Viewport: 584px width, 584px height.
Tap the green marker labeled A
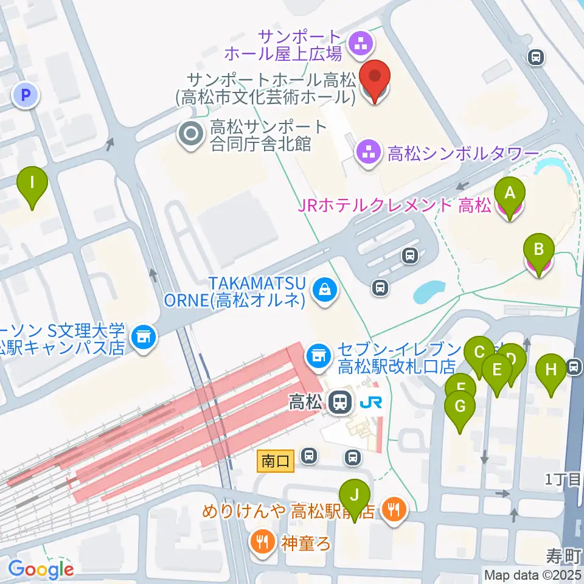pyautogui.click(x=510, y=193)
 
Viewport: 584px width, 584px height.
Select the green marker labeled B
pyautogui.click(x=538, y=251)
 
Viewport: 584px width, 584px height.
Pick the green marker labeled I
pyautogui.click(x=32, y=183)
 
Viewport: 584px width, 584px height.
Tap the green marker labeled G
pyautogui.click(x=460, y=408)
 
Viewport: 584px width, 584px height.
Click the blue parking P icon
pyautogui.click(x=26, y=94)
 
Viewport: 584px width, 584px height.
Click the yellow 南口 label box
pyautogui.click(x=276, y=461)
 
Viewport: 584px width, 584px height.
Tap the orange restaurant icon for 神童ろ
pyautogui.click(x=262, y=540)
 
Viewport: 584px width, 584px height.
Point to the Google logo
pyautogui.click(x=41, y=569)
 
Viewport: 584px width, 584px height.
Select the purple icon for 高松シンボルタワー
pyautogui.click(x=368, y=152)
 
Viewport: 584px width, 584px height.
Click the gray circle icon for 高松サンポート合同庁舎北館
pyautogui.click(x=192, y=136)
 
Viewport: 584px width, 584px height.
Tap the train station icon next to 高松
pyautogui.click(x=338, y=402)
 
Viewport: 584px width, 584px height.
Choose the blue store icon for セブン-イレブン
pyautogui.click(x=318, y=353)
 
